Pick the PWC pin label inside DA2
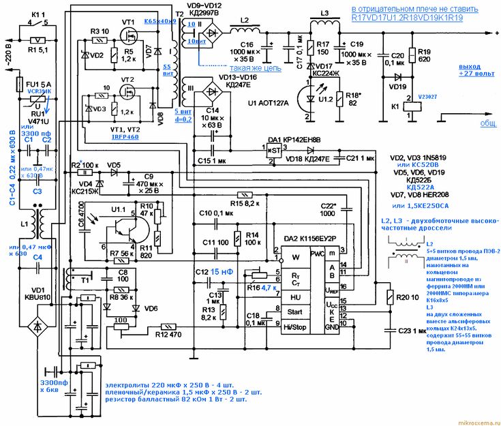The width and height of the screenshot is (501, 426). [x=317, y=254]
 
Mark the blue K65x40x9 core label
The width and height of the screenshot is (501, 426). [x=160, y=22]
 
